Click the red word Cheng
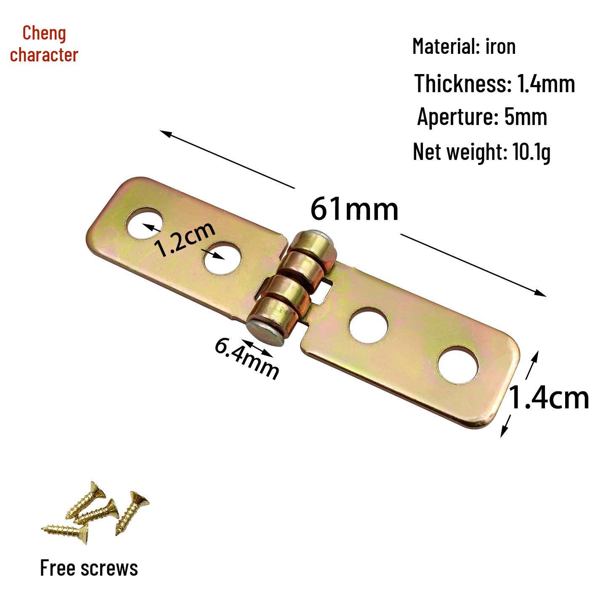[44, 34]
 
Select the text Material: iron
[464, 46]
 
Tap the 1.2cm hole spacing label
[186, 239]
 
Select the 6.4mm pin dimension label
[247, 359]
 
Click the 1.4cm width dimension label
[548, 398]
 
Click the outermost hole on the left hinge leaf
[145, 223]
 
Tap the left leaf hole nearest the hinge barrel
[222, 258]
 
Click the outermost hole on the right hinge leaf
[458, 365]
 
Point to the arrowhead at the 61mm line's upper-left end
[165, 133]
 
